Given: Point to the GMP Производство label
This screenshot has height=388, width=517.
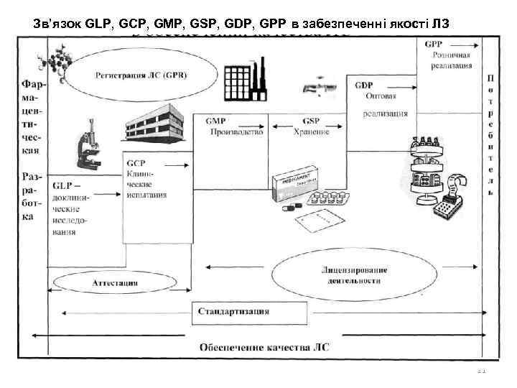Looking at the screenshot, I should (233, 126).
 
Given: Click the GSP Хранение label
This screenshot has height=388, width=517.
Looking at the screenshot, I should (311, 126).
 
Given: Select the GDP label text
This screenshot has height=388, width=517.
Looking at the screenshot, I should (363, 85).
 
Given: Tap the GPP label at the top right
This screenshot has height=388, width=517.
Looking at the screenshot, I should (433, 44).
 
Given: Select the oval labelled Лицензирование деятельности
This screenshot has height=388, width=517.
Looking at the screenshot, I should (355, 275).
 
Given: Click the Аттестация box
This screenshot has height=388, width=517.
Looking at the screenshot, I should (116, 282).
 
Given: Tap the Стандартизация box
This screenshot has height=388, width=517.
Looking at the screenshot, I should (233, 311).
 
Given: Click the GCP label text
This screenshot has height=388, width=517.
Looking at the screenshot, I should (136, 163).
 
